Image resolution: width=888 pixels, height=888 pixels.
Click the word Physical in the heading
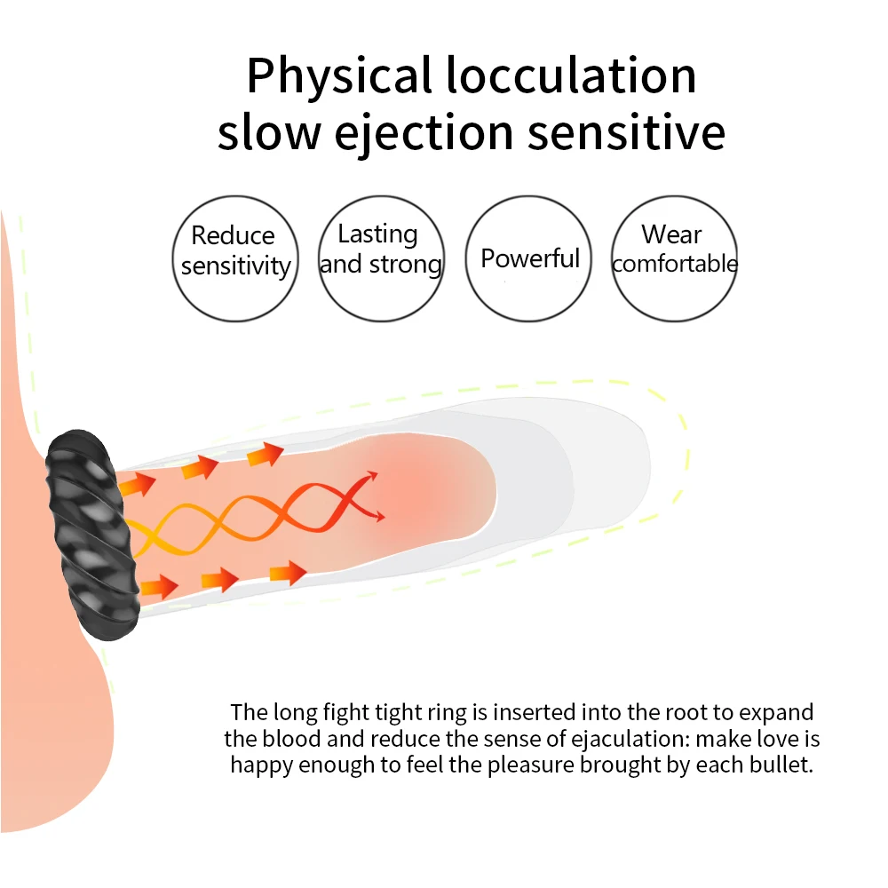(338, 76)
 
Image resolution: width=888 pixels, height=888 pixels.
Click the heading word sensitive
(626, 134)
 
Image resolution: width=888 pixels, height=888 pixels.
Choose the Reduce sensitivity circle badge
(234, 258)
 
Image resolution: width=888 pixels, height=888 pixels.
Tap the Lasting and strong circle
(381, 258)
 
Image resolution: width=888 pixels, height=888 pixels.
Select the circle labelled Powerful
(529, 258)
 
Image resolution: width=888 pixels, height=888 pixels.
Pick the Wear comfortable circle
(674, 258)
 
